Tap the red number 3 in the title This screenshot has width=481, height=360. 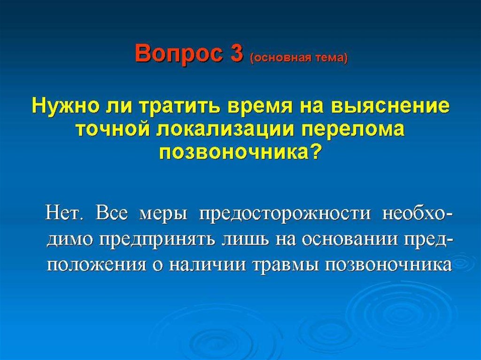236,54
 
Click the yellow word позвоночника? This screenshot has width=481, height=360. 240,152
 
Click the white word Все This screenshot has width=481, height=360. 111,213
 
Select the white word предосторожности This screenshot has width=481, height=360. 285,214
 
